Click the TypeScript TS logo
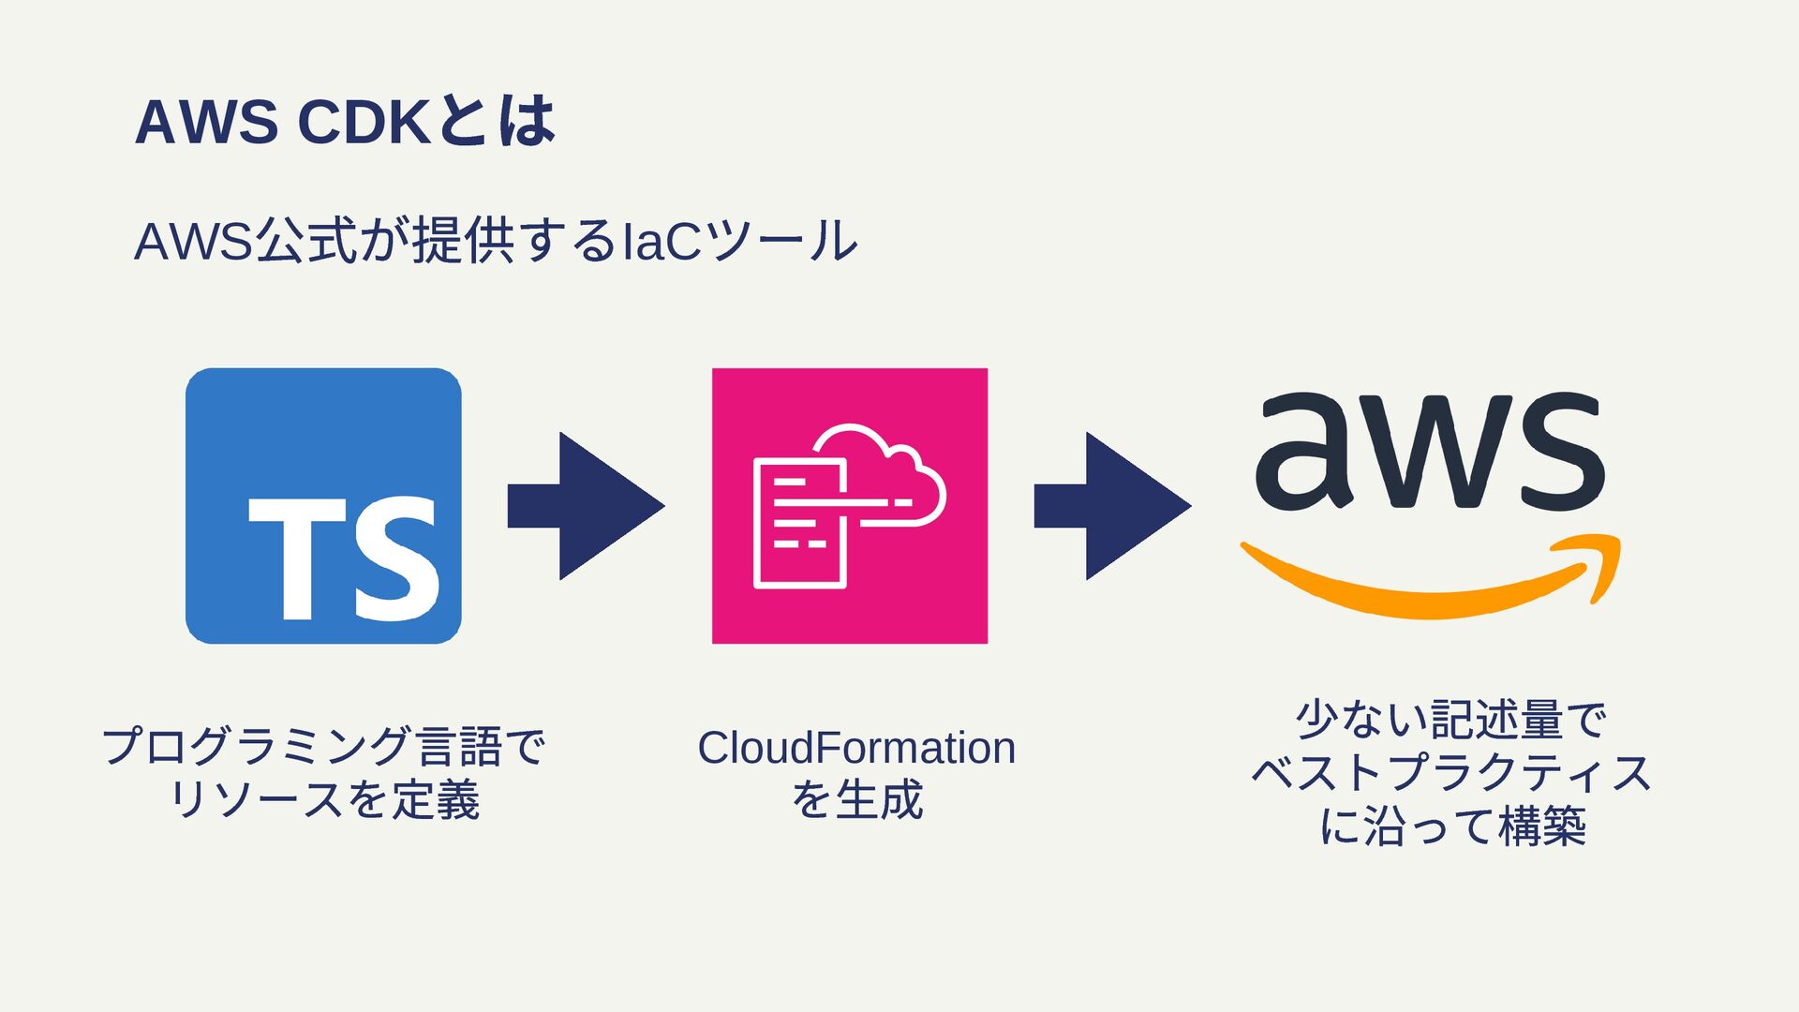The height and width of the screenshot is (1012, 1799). (323, 506)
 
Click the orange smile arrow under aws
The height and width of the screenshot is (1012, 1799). (1429, 581)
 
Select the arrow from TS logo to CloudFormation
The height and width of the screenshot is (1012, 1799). (586, 506)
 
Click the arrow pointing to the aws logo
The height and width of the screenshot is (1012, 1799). (1112, 506)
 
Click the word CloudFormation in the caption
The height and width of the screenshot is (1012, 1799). (856, 748)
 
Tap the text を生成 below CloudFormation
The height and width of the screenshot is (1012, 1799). (857, 799)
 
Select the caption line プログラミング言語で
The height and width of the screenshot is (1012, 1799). (323, 747)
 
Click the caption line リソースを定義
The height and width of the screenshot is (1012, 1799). (323, 799)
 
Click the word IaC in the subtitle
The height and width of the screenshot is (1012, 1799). (662, 241)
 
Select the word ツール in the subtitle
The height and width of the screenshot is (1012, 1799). (782, 241)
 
